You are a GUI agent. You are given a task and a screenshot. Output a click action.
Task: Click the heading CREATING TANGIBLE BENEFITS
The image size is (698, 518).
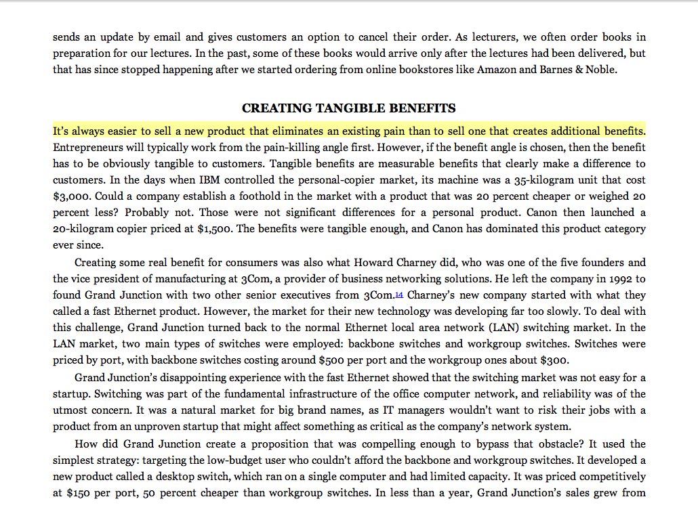(348, 108)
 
